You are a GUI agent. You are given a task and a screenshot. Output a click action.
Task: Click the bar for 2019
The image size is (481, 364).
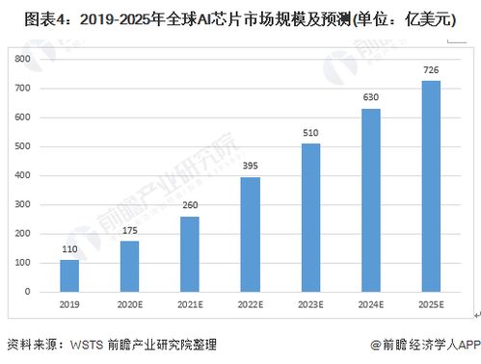[x=68, y=275]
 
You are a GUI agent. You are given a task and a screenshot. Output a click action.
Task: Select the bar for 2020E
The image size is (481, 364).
[x=130, y=266]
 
